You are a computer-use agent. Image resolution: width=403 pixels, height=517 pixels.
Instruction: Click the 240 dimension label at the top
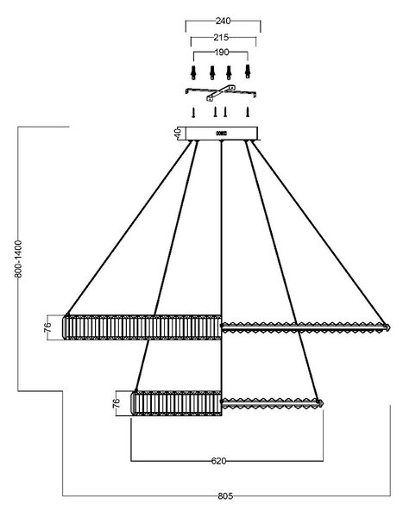pyautogui.click(x=223, y=21)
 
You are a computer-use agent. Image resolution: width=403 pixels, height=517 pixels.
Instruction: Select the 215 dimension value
pyautogui.click(x=221, y=38)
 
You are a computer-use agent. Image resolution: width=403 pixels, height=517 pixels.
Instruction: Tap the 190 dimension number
pyautogui.click(x=222, y=52)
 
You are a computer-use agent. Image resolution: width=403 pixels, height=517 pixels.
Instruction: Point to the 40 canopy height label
pyautogui.click(x=178, y=134)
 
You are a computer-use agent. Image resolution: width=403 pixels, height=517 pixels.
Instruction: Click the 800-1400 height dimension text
pyautogui.click(x=18, y=258)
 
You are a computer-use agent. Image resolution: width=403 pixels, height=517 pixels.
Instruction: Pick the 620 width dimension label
pyautogui.click(x=218, y=461)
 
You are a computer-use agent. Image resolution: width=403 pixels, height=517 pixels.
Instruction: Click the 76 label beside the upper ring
pyautogui.click(x=48, y=327)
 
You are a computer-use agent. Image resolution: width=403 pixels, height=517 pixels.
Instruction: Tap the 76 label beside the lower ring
pyautogui.click(x=116, y=403)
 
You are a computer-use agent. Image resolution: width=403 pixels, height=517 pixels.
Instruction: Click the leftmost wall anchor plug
pyautogui.click(x=193, y=72)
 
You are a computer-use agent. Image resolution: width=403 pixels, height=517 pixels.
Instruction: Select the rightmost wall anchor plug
pyautogui.click(x=248, y=72)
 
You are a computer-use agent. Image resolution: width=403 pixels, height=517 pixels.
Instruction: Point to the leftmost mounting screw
pyautogui.click(x=193, y=112)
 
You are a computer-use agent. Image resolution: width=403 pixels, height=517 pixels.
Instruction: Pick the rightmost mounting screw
pyautogui.click(x=247, y=112)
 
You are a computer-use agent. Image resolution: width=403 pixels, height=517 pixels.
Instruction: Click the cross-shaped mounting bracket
pyautogui.click(x=221, y=92)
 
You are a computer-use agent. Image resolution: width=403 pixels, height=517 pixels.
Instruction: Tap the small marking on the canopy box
pyautogui.click(x=221, y=134)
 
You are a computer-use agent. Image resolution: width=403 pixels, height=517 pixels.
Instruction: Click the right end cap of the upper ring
pyautogui.click(x=387, y=327)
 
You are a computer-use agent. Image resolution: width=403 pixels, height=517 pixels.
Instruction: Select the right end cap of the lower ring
pyautogui.click(x=319, y=402)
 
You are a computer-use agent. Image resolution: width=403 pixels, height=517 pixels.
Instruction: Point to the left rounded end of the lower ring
pyautogui.click(x=134, y=403)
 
